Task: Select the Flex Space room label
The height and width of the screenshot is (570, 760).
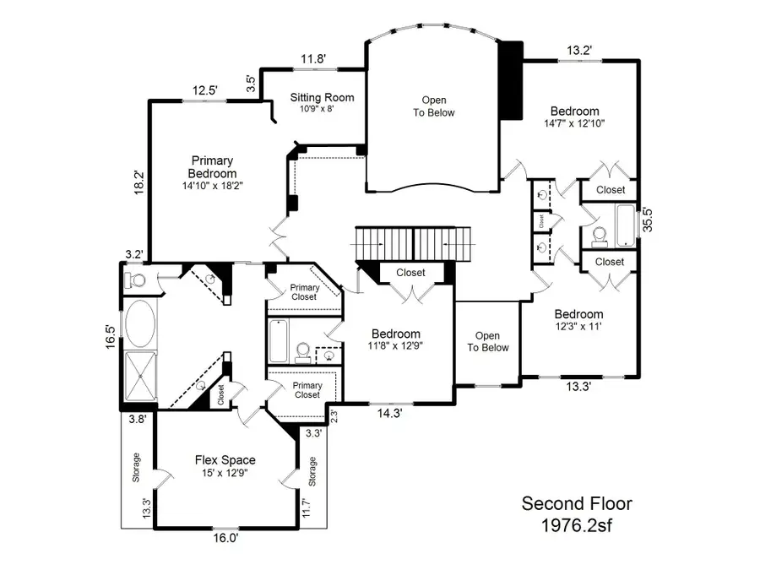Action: click(x=225, y=460)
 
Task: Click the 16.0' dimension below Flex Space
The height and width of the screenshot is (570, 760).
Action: click(x=225, y=537)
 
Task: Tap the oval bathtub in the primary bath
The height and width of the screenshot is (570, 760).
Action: click(x=139, y=323)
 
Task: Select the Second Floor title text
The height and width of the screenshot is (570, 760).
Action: click(x=576, y=504)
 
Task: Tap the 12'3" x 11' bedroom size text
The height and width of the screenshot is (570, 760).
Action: click(x=578, y=326)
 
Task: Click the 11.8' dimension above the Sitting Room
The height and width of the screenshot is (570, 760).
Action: click(x=312, y=59)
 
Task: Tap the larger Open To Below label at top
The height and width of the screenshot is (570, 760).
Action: click(x=434, y=106)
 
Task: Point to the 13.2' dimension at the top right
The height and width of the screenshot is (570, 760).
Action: click(x=579, y=50)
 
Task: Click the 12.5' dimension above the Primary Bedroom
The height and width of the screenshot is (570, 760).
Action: click(x=204, y=90)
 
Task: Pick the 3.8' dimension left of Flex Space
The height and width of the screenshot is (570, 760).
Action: click(x=137, y=417)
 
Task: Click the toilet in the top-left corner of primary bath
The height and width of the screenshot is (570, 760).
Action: click(x=136, y=278)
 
